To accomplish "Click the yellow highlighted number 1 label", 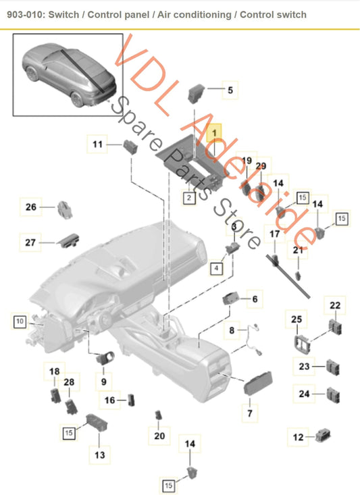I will [215, 134].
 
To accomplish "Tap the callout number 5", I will [230, 89].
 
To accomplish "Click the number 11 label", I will [98, 144].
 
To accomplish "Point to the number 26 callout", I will [31, 207].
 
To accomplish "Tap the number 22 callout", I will [335, 306].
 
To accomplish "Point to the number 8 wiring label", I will [232, 331].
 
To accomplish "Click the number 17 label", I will [274, 234].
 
